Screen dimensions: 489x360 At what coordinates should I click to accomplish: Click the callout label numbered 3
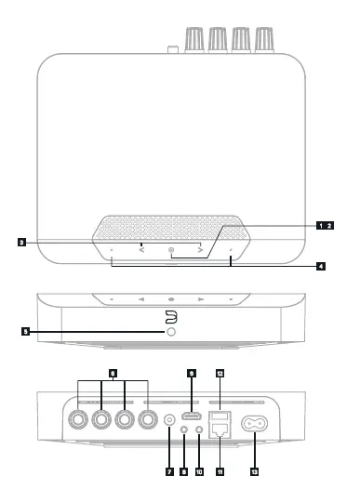pos(20,244)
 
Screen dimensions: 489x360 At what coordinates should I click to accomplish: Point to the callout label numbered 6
pos(113,374)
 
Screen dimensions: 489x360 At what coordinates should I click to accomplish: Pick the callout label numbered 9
pos(193,374)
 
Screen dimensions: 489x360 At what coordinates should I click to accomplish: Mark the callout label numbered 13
pos(254,471)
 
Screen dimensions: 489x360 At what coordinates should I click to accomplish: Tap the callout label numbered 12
pos(220,374)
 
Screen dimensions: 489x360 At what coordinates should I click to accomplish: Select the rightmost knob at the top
pos(265,38)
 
